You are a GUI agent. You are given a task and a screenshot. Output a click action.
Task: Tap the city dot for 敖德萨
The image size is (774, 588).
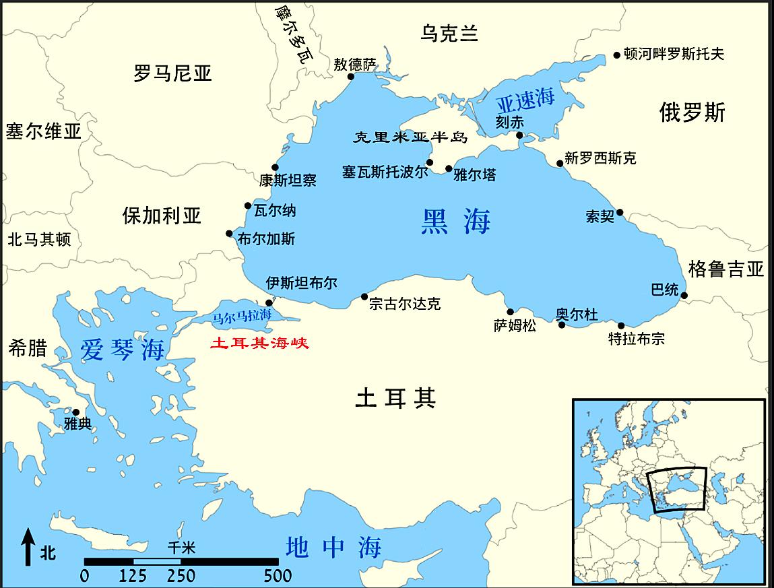click(x=351, y=77)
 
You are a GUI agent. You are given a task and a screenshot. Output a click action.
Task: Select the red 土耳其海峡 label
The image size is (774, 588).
click(x=259, y=343)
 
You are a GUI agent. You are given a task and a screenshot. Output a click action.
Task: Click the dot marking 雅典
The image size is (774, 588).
click(x=75, y=412)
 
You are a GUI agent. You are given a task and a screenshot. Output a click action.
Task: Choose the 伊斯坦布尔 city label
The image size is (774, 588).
click(x=301, y=283)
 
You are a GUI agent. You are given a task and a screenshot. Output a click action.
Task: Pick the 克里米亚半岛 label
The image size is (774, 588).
click(x=411, y=137)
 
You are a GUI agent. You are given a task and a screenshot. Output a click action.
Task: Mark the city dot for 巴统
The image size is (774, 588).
click(x=684, y=295)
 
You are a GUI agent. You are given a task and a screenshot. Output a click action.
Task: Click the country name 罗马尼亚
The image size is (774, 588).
click(x=172, y=73)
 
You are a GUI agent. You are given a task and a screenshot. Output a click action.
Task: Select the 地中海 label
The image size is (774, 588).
click(x=333, y=547)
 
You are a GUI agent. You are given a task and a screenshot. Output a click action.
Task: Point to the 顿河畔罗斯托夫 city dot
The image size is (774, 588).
click(x=616, y=55)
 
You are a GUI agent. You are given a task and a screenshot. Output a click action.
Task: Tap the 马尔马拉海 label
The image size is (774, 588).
click(x=242, y=315)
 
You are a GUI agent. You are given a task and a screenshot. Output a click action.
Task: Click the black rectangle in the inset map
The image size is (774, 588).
click(x=677, y=489)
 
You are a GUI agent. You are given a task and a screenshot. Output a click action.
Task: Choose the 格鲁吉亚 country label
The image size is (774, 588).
click(x=726, y=269)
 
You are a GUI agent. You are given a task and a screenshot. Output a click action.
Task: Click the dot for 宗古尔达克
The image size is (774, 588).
click(x=364, y=296)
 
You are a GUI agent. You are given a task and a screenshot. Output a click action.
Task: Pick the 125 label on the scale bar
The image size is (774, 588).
click(x=133, y=576)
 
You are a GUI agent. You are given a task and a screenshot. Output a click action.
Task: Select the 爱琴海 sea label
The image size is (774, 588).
click(x=123, y=349)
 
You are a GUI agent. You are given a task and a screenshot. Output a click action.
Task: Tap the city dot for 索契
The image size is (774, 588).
click(x=620, y=212)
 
